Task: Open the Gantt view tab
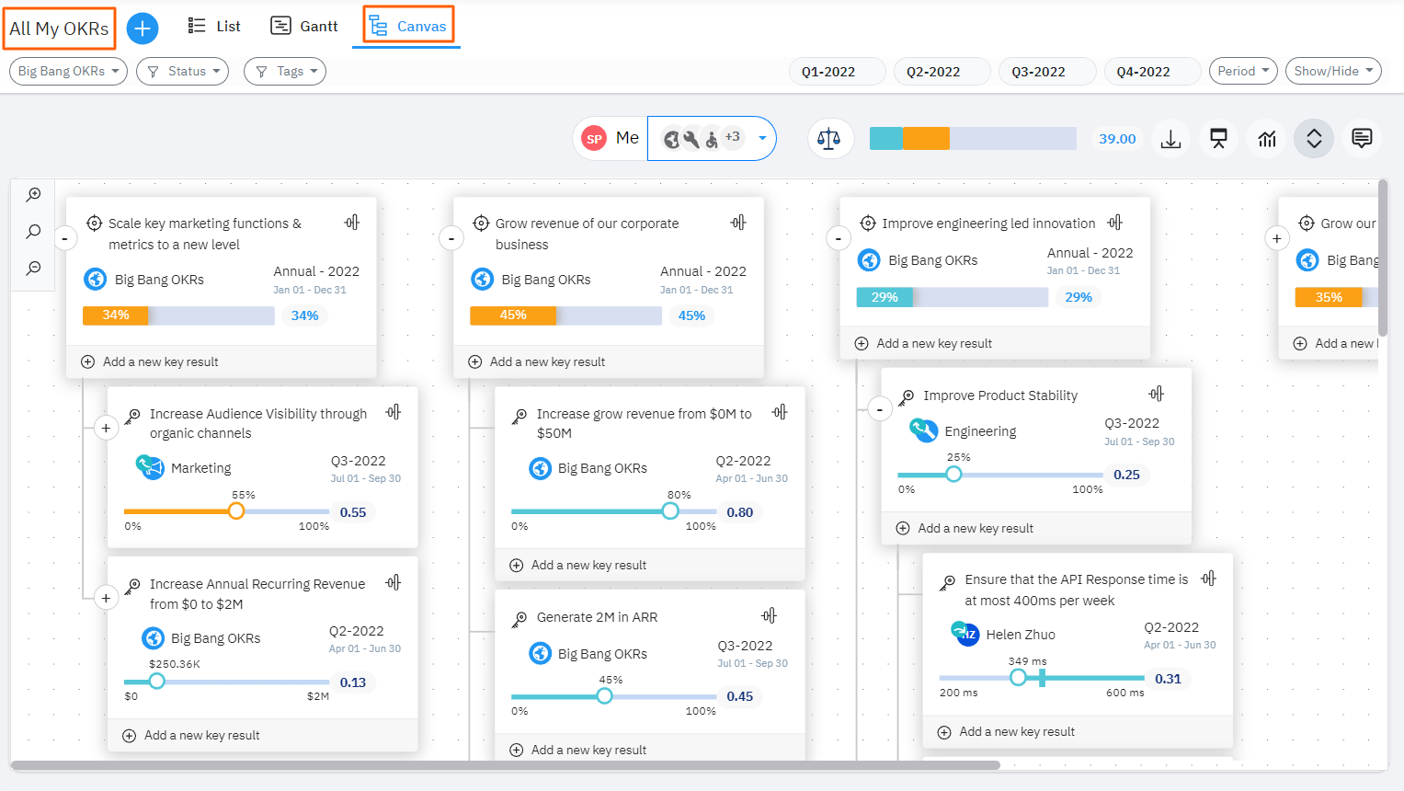click(x=304, y=27)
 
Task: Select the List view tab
click(x=214, y=27)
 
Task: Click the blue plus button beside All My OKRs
click(x=143, y=29)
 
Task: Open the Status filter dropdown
click(x=183, y=71)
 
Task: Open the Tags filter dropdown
click(x=285, y=71)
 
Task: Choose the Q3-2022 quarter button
click(x=1038, y=72)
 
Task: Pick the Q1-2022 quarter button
click(x=828, y=72)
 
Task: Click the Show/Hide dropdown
click(x=1332, y=71)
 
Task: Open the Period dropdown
click(x=1242, y=71)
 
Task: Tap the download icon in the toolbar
click(x=1170, y=139)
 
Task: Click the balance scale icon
click(x=829, y=139)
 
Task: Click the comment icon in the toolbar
click(x=1362, y=139)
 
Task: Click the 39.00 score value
click(x=1117, y=139)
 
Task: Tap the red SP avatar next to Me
click(x=595, y=139)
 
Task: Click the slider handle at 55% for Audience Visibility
click(x=236, y=511)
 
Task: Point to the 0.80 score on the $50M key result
click(x=739, y=512)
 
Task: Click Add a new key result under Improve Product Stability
click(x=976, y=528)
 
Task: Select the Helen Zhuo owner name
click(x=1020, y=635)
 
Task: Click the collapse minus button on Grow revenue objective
click(x=451, y=239)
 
